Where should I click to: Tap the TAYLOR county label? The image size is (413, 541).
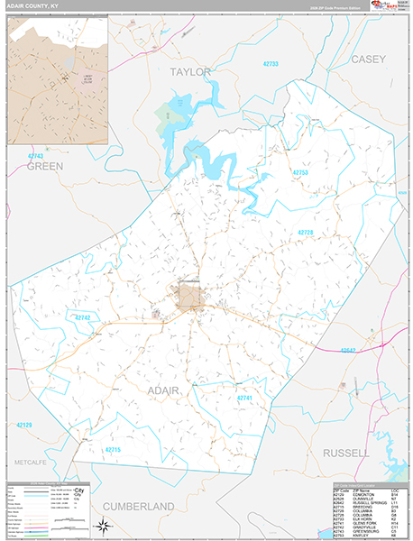pyautogui.click(x=189, y=72)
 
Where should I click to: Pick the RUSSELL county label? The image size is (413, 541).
pyautogui.click(x=346, y=452)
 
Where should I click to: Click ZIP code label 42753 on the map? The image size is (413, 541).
pyautogui.click(x=301, y=172)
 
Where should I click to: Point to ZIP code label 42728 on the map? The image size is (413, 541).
pyautogui.click(x=306, y=232)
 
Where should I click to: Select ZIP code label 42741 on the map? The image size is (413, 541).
pyautogui.click(x=245, y=398)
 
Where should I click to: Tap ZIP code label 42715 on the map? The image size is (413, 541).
pyautogui.click(x=113, y=449)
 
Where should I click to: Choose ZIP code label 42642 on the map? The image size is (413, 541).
pyautogui.click(x=349, y=350)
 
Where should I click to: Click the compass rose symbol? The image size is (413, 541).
pyautogui.click(x=105, y=526)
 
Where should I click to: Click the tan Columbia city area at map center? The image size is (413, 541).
pyautogui.click(x=190, y=296)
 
